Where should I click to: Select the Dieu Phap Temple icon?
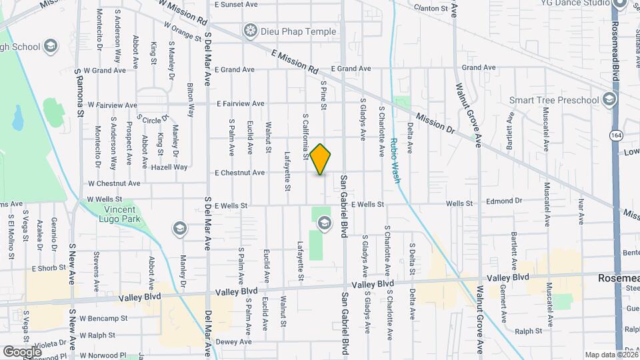[x=251, y=31]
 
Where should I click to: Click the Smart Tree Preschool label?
[x=554, y=100]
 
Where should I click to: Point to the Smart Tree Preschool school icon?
[x=608, y=100]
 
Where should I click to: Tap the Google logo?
[x=22, y=351]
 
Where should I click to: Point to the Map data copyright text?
[x=611, y=355]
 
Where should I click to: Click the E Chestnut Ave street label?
[x=239, y=173]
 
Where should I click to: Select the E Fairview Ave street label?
[x=240, y=104]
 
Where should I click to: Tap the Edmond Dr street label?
[x=504, y=201]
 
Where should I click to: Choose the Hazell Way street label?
[x=172, y=167]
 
